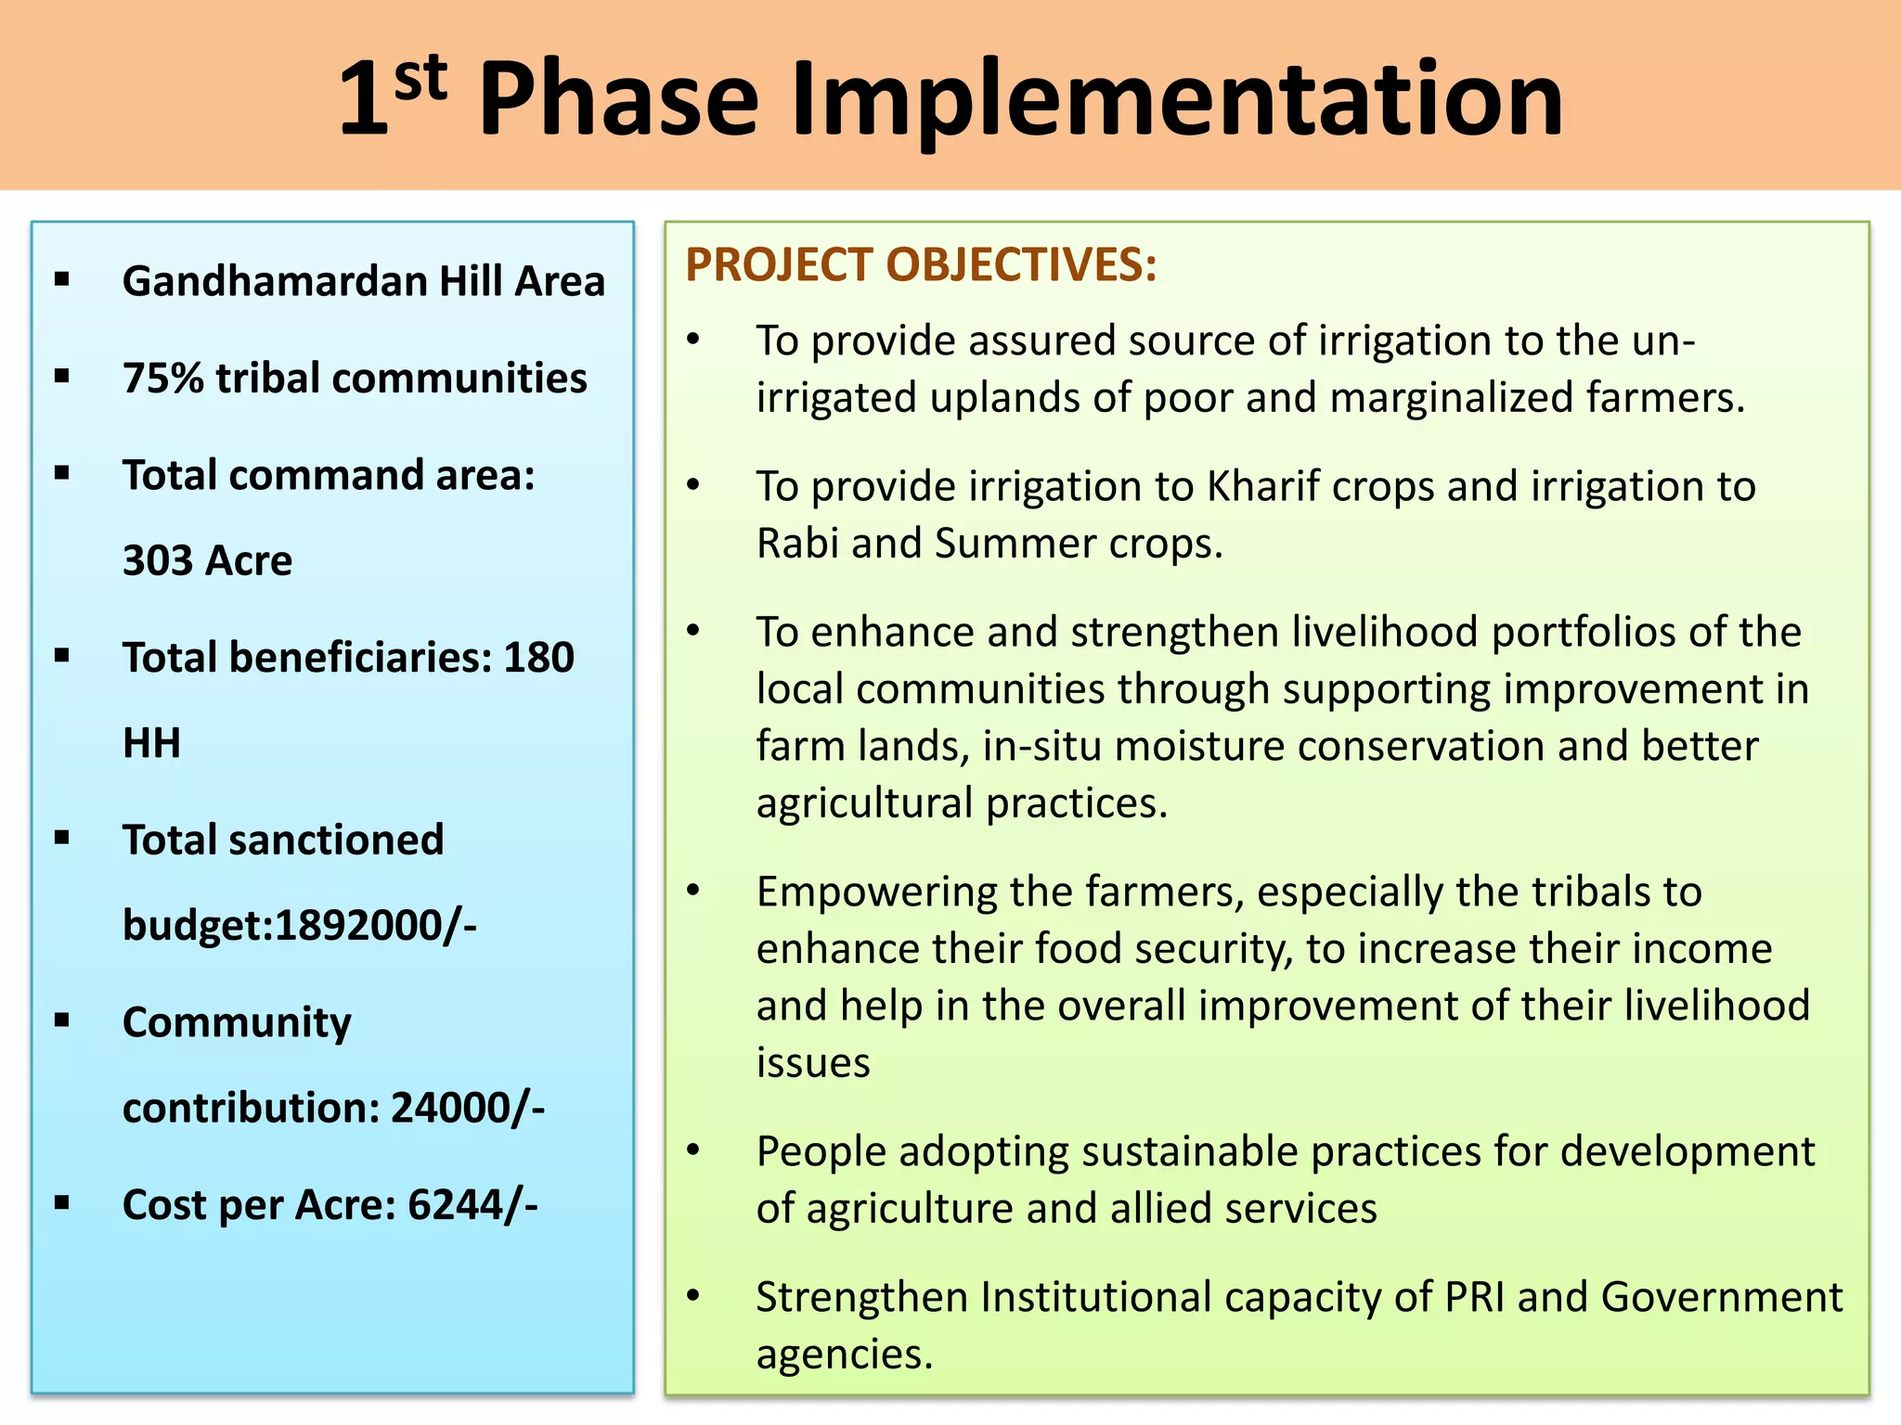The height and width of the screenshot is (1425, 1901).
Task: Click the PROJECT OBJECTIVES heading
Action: pos(921,265)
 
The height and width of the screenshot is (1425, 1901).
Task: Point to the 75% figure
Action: pos(162,379)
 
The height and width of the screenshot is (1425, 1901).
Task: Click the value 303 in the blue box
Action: pos(157,560)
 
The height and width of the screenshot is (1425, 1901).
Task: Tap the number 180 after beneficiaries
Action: pos(538,658)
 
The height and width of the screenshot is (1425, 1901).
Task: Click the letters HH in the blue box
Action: pos(151,743)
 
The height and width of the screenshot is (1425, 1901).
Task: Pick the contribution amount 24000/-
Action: pos(468,1108)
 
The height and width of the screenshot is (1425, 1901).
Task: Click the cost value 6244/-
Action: pos(472,1205)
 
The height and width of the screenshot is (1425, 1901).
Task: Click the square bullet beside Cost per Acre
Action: pos(62,1203)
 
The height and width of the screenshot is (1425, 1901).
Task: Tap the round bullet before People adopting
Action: pos(693,1150)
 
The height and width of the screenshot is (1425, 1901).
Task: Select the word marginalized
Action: pos(1451,398)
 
